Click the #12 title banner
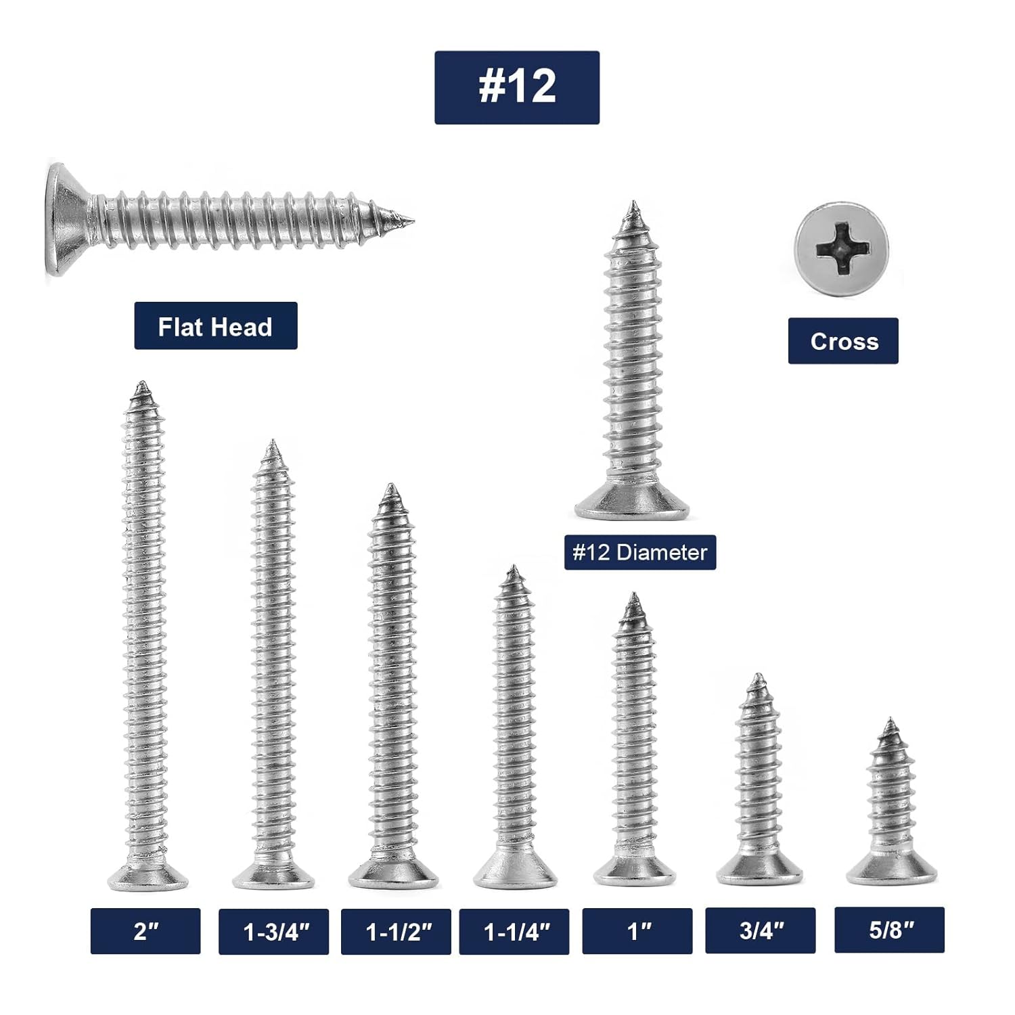click(x=516, y=87)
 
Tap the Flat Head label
click(x=215, y=326)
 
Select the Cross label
click(x=843, y=341)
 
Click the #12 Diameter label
click(x=639, y=552)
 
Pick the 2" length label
click(x=145, y=931)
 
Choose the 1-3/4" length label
click(x=273, y=932)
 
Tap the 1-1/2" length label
click(x=396, y=932)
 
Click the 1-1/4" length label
click(x=514, y=932)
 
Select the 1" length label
click(x=637, y=931)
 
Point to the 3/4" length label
click(x=760, y=930)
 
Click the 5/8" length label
click(x=889, y=930)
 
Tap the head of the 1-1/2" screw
click(x=393, y=874)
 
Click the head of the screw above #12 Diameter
click(x=633, y=504)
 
